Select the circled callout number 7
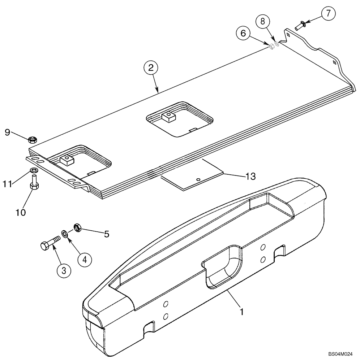(328, 14)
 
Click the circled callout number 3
(64, 270)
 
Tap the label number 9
(7, 132)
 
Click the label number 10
(21, 212)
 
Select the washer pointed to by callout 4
(64, 234)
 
